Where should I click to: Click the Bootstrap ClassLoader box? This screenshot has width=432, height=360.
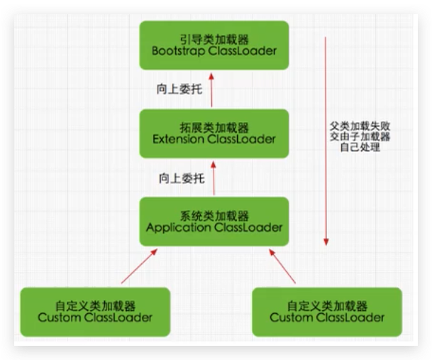click(x=214, y=44)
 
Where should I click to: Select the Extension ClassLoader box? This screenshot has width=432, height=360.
click(x=214, y=133)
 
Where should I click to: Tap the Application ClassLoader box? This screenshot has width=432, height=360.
click(x=214, y=221)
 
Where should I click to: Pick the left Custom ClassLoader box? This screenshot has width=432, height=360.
click(x=95, y=311)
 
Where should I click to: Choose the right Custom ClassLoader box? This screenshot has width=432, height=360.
click(x=327, y=311)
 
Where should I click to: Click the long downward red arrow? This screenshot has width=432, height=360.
click(x=326, y=142)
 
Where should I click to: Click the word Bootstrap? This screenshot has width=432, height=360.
click(x=180, y=51)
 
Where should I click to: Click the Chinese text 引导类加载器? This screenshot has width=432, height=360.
click(x=214, y=38)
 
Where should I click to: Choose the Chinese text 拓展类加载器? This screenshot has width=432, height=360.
click(x=214, y=126)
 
